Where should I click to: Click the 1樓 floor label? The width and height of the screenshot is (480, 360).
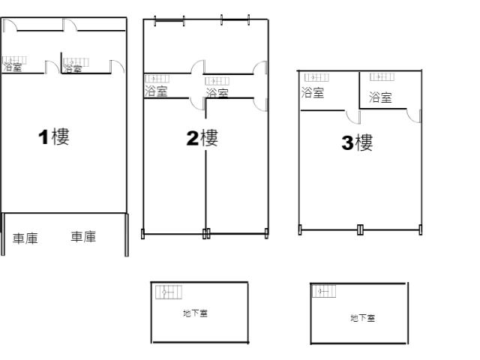tap(54, 136)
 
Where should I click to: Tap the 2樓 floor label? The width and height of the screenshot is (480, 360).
tap(202, 138)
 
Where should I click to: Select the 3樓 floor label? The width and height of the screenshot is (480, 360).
tap(357, 142)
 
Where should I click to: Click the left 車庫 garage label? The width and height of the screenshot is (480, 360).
tap(25, 238)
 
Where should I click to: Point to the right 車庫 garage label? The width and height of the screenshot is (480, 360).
tap(83, 237)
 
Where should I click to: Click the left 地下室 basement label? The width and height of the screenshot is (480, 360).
tap(195, 313)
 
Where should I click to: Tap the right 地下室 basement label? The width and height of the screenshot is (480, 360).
tap(363, 318)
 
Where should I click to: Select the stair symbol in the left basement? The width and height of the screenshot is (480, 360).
tap(169, 292)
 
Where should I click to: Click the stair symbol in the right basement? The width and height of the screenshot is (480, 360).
tap(324, 291)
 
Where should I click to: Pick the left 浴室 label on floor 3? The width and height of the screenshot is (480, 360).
tap(313, 92)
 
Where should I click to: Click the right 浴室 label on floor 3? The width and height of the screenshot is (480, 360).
tap(380, 97)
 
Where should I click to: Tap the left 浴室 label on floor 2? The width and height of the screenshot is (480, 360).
tap(156, 91)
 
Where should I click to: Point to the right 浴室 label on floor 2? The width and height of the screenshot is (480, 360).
tap(217, 93)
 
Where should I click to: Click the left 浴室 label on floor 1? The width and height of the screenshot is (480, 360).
tap(12, 67)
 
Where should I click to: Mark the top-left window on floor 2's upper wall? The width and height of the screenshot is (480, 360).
tap(169, 20)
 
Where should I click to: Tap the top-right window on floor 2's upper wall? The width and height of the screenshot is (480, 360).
tap(235, 19)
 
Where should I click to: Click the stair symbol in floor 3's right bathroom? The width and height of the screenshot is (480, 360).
tap(382, 76)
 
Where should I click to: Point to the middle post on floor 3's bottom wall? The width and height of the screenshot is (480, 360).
tap(360, 230)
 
